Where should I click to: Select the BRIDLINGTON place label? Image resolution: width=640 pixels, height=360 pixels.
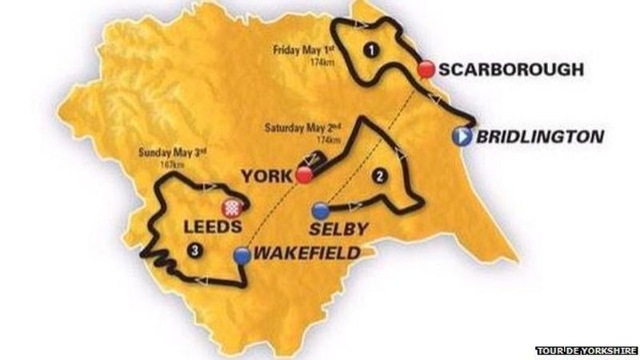pyautogui.click(x=539, y=137)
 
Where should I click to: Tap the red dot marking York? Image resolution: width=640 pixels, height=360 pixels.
pyautogui.click(x=303, y=174)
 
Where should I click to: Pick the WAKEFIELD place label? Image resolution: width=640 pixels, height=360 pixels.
pyautogui.click(x=305, y=254)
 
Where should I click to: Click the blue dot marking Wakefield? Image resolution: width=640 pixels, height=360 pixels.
pyautogui.click(x=242, y=255)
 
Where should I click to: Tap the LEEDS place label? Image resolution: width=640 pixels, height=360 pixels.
pyautogui.click(x=211, y=227)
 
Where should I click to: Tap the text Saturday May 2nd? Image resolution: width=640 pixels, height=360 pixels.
pyautogui.click(x=300, y=129)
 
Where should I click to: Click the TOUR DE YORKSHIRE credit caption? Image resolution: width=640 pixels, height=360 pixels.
pyautogui.click(x=586, y=350)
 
